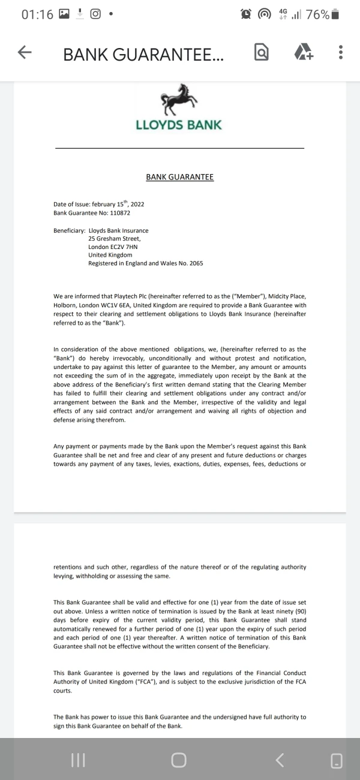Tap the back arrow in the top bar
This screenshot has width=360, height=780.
tap(25, 53)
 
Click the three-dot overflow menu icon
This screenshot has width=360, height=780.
tap(340, 53)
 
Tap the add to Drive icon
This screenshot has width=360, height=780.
tap(304, 53)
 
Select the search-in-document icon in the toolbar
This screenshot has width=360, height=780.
tap(262, 53)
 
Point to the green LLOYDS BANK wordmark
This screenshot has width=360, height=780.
tap(179, 125)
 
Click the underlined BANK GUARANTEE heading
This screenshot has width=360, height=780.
tap(179, 177)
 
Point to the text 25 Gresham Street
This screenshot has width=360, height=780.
tap(114, 239)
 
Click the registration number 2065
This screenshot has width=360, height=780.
tap(196, 263)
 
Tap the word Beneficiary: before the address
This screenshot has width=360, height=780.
tap(69, 230)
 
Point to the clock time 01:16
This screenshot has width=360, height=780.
tap(37, 14)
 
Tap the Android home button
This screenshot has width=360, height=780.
tap(179, 760)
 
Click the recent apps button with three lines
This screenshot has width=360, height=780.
tap(78, 760)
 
